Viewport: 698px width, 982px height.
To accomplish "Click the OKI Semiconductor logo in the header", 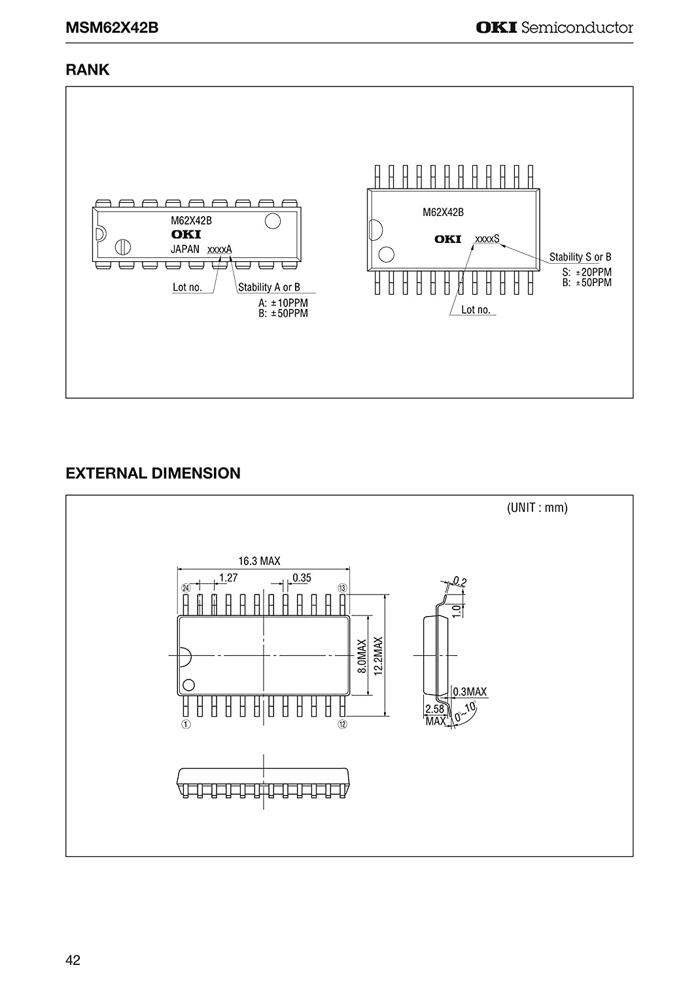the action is point(554,27).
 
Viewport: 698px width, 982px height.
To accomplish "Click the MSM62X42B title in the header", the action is point(112,27).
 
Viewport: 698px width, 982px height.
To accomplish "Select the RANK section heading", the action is point(87,69).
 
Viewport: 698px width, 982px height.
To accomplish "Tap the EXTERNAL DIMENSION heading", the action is point(153,473).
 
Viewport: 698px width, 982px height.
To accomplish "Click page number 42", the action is point(73,960).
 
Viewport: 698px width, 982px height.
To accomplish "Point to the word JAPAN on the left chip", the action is point(185,249).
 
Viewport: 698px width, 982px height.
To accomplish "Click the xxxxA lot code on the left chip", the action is point(220,249).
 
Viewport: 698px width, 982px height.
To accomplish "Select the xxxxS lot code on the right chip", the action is point(487,239).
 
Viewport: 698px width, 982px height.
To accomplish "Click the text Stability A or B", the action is point(269,287).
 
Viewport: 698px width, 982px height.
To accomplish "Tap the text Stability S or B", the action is point(580,257).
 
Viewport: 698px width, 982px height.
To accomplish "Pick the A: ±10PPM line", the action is point(283,303).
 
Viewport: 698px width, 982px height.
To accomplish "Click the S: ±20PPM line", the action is point(587,272).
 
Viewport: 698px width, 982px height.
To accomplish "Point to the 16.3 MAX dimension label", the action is point(259,560).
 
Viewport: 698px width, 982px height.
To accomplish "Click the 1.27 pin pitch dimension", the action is point(228,578).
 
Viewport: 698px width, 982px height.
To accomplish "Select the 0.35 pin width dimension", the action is point(302,578).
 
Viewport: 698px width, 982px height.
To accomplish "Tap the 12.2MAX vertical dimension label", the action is point(379,656).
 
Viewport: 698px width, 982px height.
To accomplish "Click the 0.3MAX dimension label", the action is point(470,692).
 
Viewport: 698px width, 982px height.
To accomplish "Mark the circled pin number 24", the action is point(186,588).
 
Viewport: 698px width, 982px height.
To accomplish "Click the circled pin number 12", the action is point(342,724).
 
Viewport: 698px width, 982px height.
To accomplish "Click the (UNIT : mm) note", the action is point(537,507).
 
